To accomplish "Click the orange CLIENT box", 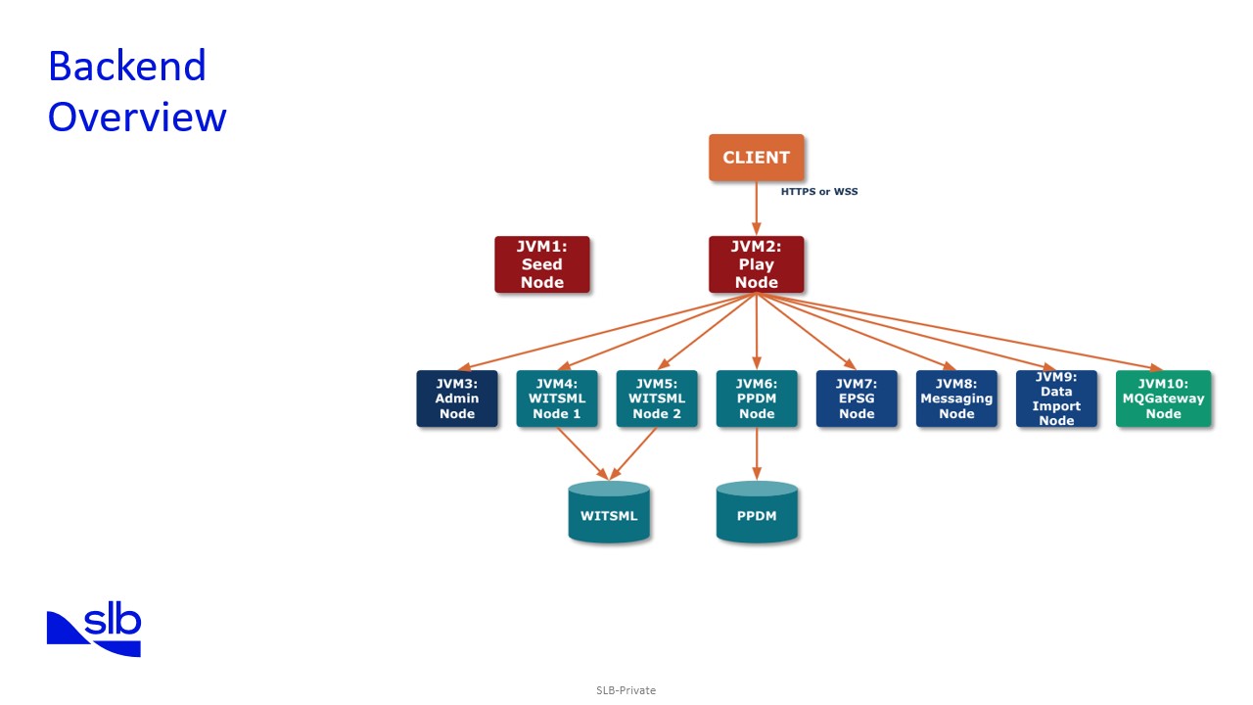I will [756, 158].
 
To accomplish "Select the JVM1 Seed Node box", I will [541, 264].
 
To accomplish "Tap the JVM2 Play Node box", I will [756, 264].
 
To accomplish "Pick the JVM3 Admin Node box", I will [456, 399].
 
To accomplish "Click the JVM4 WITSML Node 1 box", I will [556, 399].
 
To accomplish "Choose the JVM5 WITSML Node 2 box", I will [656, 399].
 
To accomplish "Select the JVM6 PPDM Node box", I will [756, 399].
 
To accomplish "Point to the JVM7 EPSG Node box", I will [857, 399].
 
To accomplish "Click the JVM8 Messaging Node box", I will [956, 399].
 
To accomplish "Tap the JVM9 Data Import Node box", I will [1056, 399].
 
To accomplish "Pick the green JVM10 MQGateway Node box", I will [1163, 399].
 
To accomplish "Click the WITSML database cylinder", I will [609, 513].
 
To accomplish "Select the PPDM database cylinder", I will [757, 513].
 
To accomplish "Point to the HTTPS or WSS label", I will [818, 192].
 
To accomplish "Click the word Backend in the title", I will [127, 67].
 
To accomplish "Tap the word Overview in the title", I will [137, 117].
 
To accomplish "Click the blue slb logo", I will [94, 632].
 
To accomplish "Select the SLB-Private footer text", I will [626, 690].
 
